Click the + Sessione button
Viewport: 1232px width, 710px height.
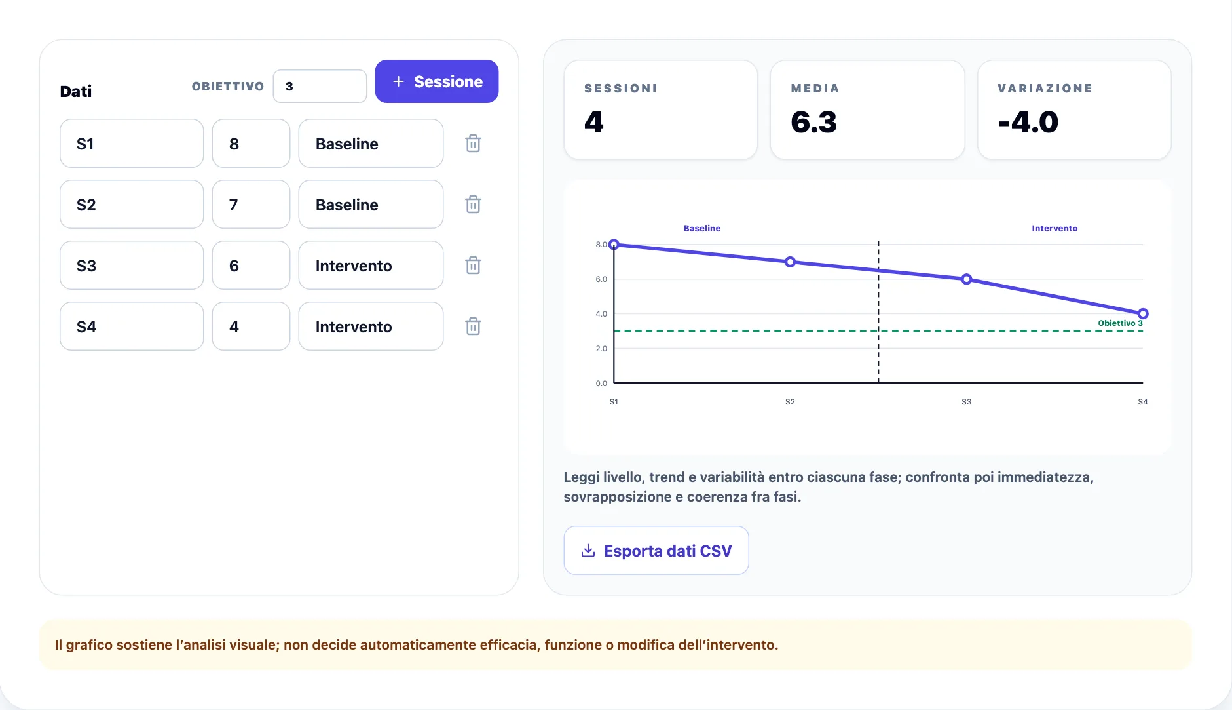[x=437, y=81]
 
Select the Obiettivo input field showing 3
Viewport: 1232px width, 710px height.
[x=320, y=87]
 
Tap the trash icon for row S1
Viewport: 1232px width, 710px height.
[x=473, y=144]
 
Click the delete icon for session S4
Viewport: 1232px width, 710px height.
[x=473, y=326]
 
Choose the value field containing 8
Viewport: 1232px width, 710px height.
[x=251, y=144]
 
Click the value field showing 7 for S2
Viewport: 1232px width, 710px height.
[x=251, y=205]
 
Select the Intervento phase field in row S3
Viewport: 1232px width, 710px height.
[x=371, y=266]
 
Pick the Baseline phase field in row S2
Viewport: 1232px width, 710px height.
[x=371, y=205]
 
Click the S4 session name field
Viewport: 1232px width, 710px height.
[x=132, y=326]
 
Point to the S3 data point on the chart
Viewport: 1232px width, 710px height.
[x=967, y=279]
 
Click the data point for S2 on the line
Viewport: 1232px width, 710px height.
[x=791, y=262]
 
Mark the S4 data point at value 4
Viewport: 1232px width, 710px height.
[x=1143, y=314]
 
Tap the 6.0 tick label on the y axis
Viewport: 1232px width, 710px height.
[x=601, y=279]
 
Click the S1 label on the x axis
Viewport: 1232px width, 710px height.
[x=614, y=402]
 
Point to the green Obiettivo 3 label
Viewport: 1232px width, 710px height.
[x=1120, y=323]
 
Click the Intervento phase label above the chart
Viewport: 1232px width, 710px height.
[x=1055, y=229]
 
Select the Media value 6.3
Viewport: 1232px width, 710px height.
[x=814, y=123]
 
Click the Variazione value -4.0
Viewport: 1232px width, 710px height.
[x=1028, y=123]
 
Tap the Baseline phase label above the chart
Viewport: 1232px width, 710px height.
[x=702, y=229]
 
